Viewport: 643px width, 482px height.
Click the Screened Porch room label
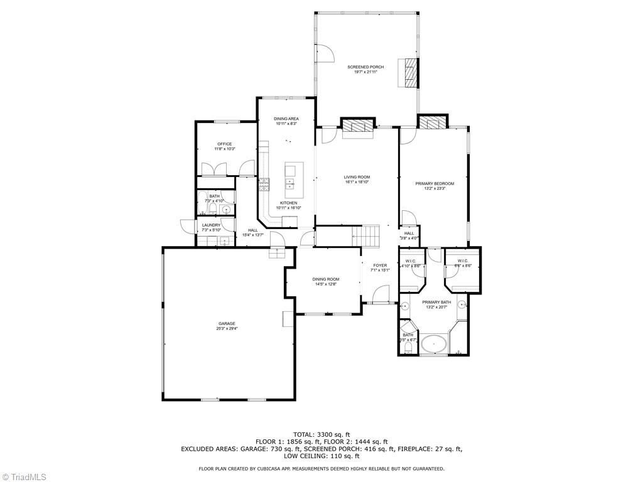(x=366, y=67)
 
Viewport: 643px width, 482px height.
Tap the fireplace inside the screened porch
(x=411, y=73)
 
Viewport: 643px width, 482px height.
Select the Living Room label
(x=357, y=177)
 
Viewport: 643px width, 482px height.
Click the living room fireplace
(x=357, y=126)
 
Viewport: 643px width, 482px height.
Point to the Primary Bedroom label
(x=435, y=183)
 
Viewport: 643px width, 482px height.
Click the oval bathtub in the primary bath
(x=433, y=345)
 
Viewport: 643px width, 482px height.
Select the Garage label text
(x=227, y=324)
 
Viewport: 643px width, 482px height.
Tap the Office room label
(x=225, y=144)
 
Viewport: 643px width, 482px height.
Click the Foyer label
(x=381, y=265)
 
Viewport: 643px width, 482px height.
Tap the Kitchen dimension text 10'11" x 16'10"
(x=289, y=208)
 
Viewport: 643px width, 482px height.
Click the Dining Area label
(x=286, y=119)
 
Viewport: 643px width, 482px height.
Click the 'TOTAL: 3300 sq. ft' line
(x=321, y=434)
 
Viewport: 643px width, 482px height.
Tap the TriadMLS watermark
(x=24, y=476)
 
